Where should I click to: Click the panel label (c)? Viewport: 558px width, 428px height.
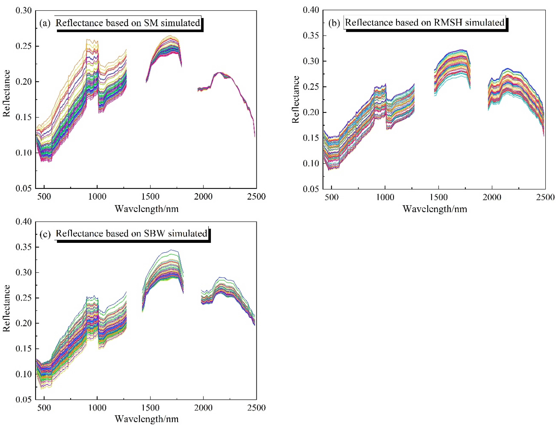click(x=45, y=234)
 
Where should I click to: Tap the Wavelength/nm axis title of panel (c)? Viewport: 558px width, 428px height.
click(x=147, y=419)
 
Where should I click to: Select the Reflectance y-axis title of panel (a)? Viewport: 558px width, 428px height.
click(x=6, y=93)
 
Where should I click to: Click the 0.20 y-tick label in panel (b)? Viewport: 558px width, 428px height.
click(x=311, y=112)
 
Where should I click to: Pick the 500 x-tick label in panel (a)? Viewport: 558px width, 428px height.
click(x=44, y=196)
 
